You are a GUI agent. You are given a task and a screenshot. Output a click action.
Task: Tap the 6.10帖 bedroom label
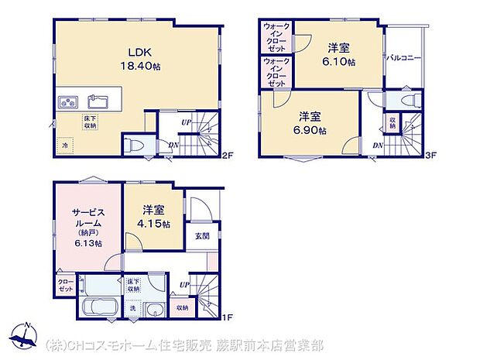pyautogui.click(x=341, y=54)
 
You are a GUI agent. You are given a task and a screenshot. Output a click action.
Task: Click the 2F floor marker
pyautogui.click(x=228, y=156)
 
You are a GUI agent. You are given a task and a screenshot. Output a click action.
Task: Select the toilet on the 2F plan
pyautogui.click(x=135, y=145)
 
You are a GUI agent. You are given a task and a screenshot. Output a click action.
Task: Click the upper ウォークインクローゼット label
pyautogui.click(x=276, y=36)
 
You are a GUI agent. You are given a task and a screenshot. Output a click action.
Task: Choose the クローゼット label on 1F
pyautogui.click(x=66, y=285)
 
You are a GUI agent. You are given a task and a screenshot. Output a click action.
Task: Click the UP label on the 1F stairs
pyautogui.click(x=183, y=285)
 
